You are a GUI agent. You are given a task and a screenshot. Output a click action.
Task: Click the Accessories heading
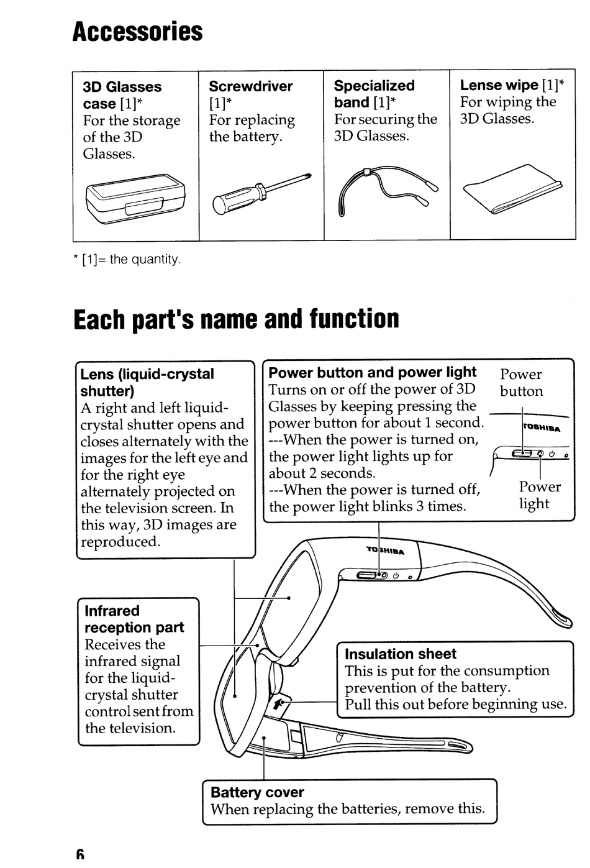coord(137,31)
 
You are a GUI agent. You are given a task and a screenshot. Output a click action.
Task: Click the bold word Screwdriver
coord(250,86)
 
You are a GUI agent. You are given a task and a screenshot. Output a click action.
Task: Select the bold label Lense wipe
coord(499,85)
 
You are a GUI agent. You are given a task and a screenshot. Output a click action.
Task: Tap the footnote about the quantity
coord(127,260)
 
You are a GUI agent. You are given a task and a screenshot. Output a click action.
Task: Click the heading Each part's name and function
coord(236,319)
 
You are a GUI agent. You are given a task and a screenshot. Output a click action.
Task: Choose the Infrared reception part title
coord(134,619)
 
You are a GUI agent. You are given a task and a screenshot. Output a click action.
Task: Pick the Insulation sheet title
coord(400,654)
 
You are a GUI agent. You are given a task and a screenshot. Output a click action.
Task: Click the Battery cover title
coord(257,792)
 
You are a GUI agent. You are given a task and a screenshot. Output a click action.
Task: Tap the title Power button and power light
coord(372,373)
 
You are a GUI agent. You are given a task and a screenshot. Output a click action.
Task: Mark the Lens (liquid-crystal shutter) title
coord(147,382)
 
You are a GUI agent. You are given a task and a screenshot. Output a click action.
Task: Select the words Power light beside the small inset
coord(539,495)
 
